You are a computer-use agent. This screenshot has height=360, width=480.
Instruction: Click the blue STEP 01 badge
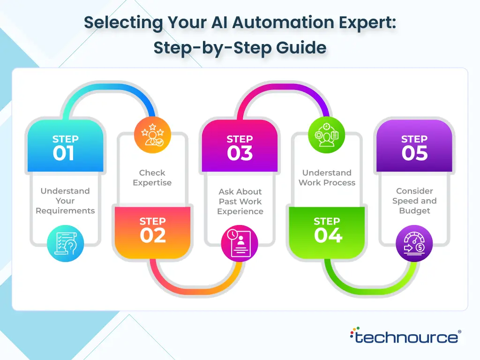pyautogui.click(x=65, y=146)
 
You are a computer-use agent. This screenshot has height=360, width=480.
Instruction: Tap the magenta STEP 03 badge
pyautogui.click(x=240, y=146)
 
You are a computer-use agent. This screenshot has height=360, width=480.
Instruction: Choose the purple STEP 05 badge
pyautogui.click(x=414, y=146)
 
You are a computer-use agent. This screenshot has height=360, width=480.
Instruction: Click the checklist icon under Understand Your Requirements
pyautogui.click(x=65, y=244)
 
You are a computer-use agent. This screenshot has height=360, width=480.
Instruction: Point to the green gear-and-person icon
pyautogui.click(x=327, y=135)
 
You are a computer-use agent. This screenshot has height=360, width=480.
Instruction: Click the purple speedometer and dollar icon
pyautogui.click(x=414, y=244)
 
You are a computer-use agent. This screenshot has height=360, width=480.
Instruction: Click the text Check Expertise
pyautogui.click(x=152, y=178)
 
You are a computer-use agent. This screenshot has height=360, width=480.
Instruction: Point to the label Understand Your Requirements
pyautogui.click(x=65, y=201)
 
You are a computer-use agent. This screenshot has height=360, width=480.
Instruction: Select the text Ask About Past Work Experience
pyautogui.click(x=240, y=202)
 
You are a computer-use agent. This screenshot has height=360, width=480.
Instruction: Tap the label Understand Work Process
pyautogui.click(x=327, y=178)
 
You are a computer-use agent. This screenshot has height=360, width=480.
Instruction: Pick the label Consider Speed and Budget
pyautogui.click(x=414, y=201)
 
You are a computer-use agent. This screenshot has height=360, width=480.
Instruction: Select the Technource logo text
pyautogui.click(x=406, y=337)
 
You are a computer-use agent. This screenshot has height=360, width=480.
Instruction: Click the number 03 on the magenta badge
pyautogui.click(x=240, y=153)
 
